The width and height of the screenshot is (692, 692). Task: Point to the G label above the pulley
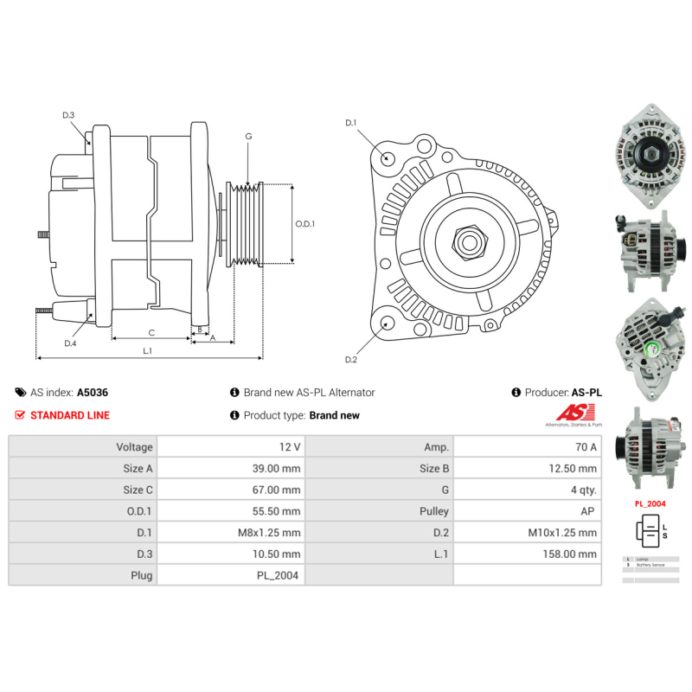coord(248,137)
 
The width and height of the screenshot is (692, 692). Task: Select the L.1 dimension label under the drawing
coord(148,350)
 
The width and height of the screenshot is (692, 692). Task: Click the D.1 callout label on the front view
coord(351,123)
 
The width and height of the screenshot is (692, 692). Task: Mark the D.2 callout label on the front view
coord(351,359)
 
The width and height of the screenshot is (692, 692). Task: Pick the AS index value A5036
coord(93,392)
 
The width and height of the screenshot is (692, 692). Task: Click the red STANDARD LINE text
coord(70,415)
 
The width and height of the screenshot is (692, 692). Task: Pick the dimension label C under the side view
coord(151,332)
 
